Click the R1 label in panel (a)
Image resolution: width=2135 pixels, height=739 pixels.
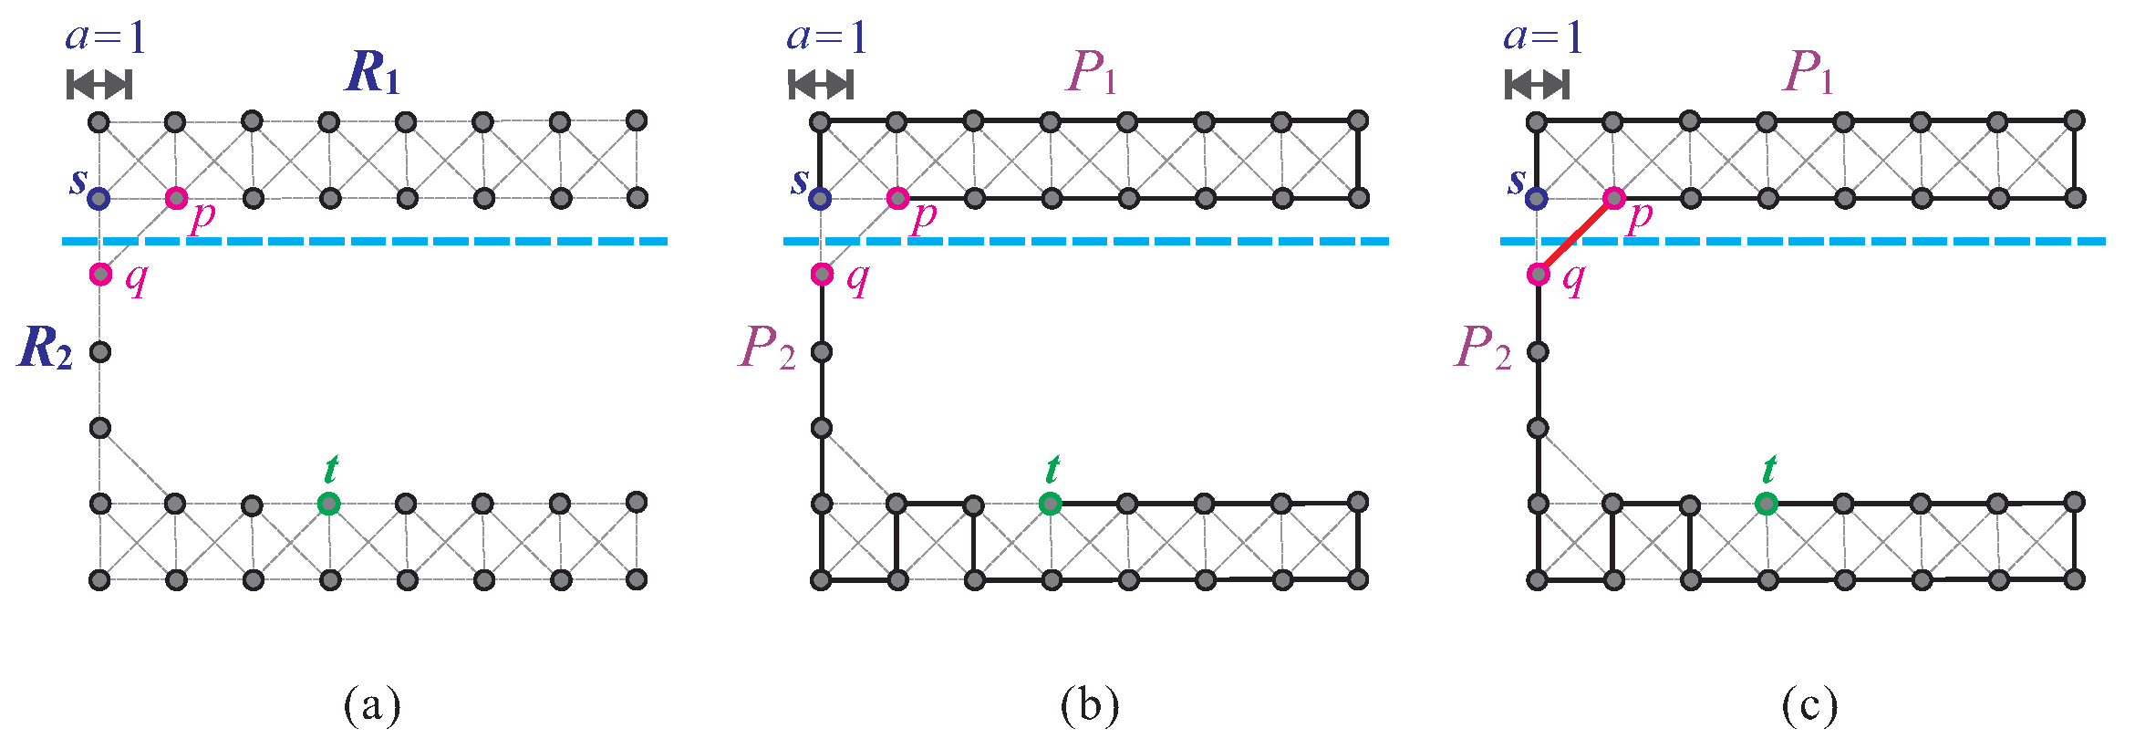[x=372, y=72]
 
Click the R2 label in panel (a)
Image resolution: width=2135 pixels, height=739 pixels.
[x=45, y=348]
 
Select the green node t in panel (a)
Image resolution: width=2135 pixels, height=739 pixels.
[x=329, y=503]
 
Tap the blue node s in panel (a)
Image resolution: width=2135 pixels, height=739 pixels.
[x=99, y=198]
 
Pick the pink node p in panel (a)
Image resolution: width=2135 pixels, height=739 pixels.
[x=176, y=198]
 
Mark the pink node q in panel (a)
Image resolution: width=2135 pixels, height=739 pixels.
[x=100, y=274]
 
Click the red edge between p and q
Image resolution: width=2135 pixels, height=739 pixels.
[x=1576, y=235]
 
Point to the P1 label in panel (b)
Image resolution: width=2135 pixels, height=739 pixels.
[x=1091, y=72]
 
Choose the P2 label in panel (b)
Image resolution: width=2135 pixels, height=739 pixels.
[x=766, y=348]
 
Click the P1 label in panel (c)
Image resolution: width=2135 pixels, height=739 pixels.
[x=1808, y=72]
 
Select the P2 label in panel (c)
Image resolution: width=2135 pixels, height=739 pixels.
[x=1482, y=348]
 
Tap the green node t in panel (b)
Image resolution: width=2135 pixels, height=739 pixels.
[x=1051, y=503]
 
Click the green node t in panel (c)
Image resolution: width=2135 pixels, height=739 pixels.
[x=1767, y=503]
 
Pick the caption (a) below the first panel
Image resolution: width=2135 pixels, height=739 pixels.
[x=372, y=705]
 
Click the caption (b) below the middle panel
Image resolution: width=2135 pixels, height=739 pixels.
[x=1090, y=705]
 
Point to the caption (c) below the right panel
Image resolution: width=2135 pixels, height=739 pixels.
[x=1809, y=705]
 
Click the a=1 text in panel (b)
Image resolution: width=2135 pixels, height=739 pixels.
[x=826, y=36]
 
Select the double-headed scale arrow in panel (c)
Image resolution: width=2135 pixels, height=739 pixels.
[x=1538, y=85]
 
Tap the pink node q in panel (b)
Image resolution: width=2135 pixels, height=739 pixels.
[x=822, y=274]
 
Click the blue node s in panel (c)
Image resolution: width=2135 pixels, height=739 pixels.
[x=1538, y=198]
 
